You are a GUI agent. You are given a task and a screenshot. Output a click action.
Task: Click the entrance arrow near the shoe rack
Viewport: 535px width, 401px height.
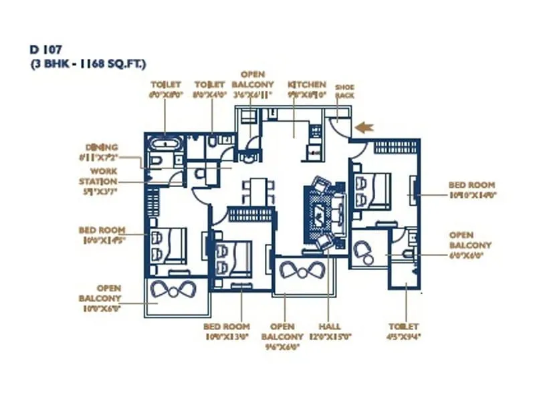point(364,126)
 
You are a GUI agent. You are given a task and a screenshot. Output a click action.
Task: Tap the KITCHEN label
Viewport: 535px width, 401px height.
point(307,85)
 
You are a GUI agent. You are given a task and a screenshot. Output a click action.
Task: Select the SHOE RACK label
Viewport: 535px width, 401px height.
point(345,92)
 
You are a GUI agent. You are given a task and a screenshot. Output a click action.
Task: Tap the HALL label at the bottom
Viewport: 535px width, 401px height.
point(329,327)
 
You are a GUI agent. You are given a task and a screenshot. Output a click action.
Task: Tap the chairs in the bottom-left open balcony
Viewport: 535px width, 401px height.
point(173,291)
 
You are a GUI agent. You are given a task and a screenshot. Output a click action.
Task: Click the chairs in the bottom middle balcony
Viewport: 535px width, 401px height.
point(300,271)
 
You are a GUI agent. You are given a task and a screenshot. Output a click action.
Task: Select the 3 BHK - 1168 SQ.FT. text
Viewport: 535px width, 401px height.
point(87,63)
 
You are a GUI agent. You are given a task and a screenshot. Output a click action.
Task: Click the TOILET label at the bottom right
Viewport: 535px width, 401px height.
point(404,327)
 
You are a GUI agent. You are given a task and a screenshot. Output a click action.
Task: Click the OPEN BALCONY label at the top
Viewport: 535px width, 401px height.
point(253,80)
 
